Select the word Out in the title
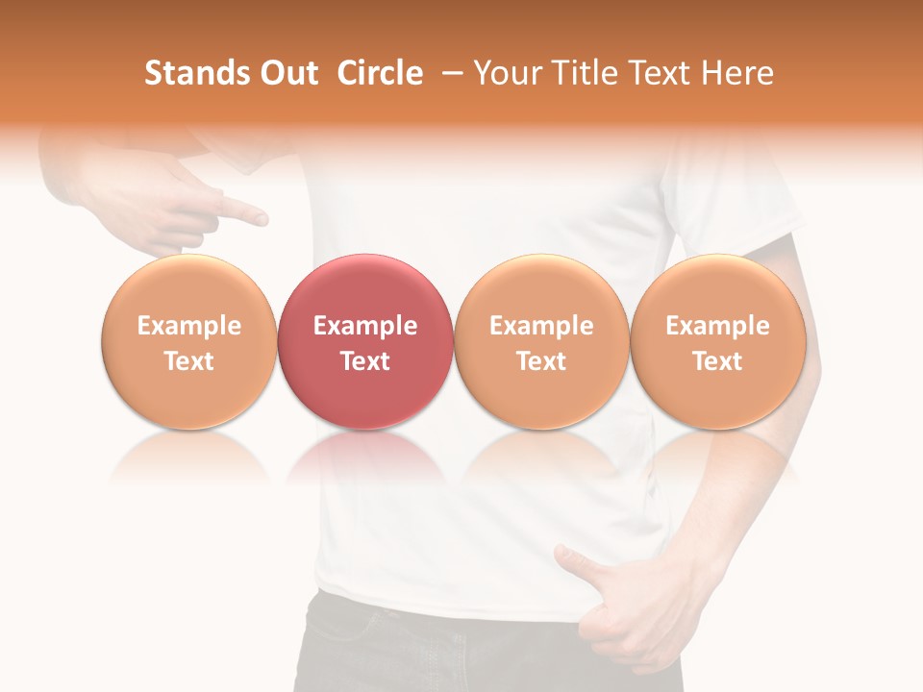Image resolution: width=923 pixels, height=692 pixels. pyautogui.click(x=287, y=73)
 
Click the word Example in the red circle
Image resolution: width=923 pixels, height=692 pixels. pyautogui.click(x=365, y=326)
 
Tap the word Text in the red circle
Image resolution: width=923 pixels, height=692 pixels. pyautogui.click(x=365, y=361)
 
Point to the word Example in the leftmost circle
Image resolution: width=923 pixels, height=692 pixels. pyautogui.click(x=189, y=326)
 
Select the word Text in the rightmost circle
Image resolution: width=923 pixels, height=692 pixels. pyautogui.click(x=717, y=361)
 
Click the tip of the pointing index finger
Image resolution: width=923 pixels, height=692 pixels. pyautogui.click(x=263, y=219)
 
